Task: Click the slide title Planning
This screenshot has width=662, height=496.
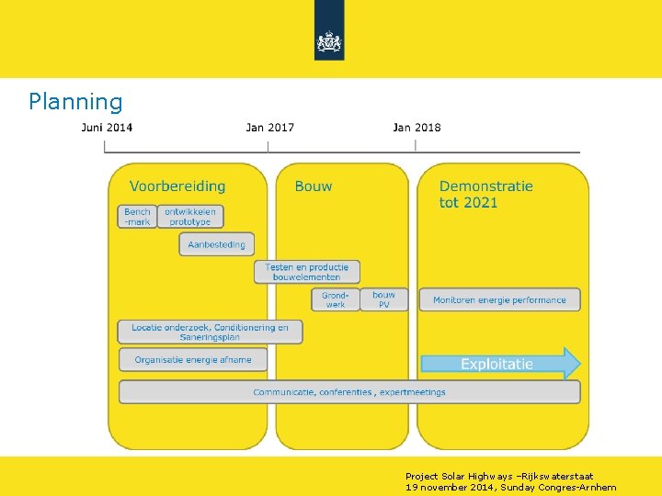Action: (x=75, y=101)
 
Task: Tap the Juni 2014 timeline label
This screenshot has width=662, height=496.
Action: (x=107, y=127)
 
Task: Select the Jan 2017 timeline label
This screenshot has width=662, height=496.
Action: (x=270, y=127)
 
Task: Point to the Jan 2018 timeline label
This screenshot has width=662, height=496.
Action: (x=417, y=127)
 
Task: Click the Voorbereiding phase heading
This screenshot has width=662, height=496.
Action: (x=177, y=186)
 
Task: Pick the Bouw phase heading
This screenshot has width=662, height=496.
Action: (x=314, y=186)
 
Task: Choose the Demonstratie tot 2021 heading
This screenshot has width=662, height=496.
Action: (x=485, y=194)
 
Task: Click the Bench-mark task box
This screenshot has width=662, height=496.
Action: (x=138, y=217)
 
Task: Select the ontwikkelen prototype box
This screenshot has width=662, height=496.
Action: (x=190, y=217)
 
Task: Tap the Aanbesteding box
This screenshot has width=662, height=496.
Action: (x=216, y=244)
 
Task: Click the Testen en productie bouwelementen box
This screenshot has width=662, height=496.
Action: (x=307, y=272)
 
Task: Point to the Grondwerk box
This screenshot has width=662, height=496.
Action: (x=336, y=299)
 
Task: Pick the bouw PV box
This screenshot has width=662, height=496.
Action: (x=384, y=299)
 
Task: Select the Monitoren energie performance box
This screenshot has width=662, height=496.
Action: (x=500, y=299)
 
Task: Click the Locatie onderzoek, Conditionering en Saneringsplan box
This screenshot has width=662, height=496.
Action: (x=210, y=332)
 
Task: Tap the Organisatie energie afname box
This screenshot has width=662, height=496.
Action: (x=192, y=359)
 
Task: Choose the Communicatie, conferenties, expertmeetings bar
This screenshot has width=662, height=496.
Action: (x=349, y=392)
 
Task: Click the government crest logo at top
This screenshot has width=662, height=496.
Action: (x=329, y=41)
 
